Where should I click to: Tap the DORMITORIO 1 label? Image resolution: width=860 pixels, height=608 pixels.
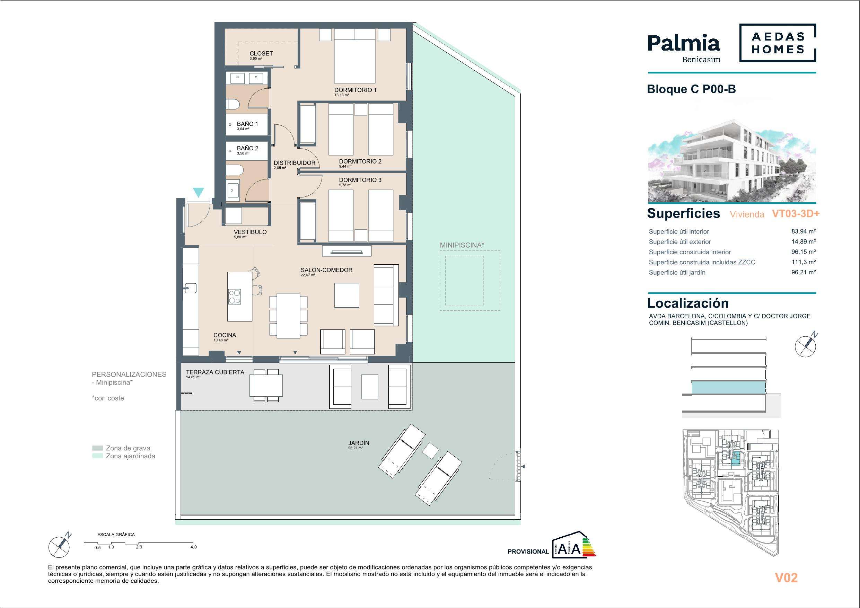coord(355,90)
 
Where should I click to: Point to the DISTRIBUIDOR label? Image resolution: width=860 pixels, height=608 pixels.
coord(295,163)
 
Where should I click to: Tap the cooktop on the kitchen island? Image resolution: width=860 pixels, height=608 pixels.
coord(235,297)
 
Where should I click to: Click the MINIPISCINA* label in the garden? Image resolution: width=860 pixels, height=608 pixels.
coord(462,245)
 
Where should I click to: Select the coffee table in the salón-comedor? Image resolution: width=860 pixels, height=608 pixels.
coord(347,296)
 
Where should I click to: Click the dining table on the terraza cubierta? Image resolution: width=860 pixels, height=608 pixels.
coord(266,386)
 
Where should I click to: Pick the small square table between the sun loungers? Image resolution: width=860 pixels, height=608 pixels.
coord(430,450)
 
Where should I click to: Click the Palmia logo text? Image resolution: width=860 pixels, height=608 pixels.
coord(684,44)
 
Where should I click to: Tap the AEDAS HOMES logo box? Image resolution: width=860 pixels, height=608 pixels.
coord(778,43)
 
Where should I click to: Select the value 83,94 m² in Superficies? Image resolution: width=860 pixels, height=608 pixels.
coord(804,231)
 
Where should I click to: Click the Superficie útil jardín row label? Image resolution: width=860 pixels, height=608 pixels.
coord(677,272)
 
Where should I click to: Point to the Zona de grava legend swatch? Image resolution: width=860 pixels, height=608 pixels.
coord(97,448)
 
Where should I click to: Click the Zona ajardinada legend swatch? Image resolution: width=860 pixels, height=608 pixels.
coord(97,456)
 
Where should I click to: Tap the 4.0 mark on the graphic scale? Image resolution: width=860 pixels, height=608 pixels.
coord(193,547)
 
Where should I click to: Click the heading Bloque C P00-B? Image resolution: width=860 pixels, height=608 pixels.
coord(692,89)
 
